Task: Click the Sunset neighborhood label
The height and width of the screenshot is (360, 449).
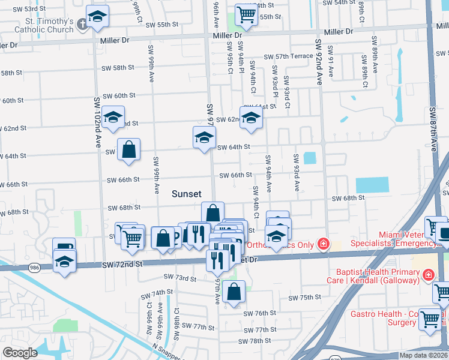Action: click(x=186, y=194)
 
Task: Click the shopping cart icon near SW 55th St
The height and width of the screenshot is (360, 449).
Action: click(x=246, y=14)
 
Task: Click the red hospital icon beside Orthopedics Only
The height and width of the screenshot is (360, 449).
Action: click(x=324, y=244)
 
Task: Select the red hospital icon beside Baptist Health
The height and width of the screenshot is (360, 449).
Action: click(x=429, y=275)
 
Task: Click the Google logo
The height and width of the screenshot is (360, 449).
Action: click(x=20, y=353)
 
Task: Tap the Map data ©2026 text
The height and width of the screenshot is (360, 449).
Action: click(x=423, y=355)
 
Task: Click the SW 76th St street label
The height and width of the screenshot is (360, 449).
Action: click(x=259, y=313)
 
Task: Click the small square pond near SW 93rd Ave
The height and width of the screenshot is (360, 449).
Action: click(x=310, y=158)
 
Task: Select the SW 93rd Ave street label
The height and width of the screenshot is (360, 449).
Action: click(x=296, y=173)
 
